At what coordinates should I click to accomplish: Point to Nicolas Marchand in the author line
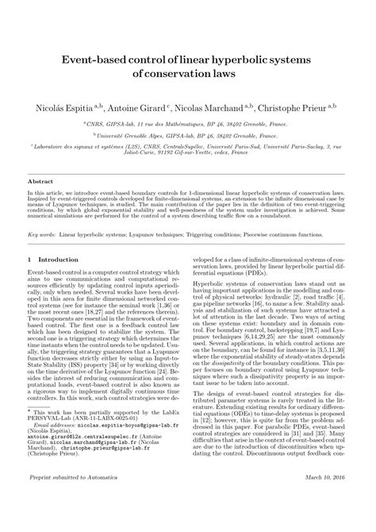pyautogui.click(x=223, y=104)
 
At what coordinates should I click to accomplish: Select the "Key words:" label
pyautogui.click(x=42, y=235)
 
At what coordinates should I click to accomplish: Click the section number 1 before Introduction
pyautogui.click(x=29, y=260)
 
